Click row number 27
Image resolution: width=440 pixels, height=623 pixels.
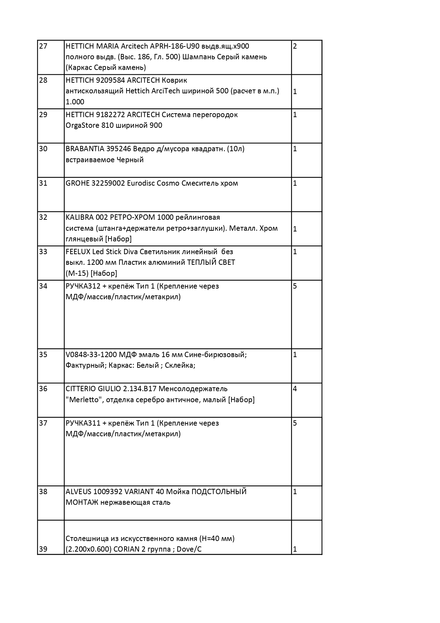coord(43,46)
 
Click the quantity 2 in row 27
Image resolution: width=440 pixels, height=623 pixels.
coord(295,46)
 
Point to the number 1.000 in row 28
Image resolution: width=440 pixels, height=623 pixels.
coord(75,102)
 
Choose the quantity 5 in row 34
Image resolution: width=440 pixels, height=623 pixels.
coord(295,286)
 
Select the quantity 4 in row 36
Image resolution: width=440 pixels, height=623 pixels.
coord(295,389)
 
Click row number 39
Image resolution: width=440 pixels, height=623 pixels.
coord(43,549)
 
